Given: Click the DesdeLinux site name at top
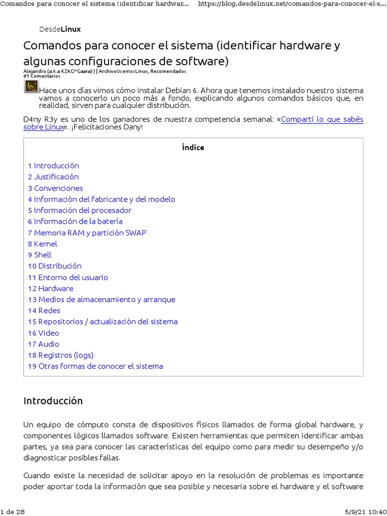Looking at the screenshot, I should coord(59,29).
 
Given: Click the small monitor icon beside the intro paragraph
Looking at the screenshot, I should coord(30,87).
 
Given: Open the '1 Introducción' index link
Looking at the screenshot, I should coord(53,166).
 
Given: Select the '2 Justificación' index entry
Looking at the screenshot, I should coord(53,177).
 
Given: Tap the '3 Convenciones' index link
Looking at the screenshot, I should coord(55,188).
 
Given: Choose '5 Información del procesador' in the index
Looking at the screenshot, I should coord(80,210).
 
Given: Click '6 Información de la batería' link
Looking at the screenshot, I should coord(75,221).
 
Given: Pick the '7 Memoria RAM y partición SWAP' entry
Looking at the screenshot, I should coord(87,233).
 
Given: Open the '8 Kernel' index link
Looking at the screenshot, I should coord(43,244).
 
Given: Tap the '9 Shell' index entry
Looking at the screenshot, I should coord(40,255).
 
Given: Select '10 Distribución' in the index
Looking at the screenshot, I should coord(55,266).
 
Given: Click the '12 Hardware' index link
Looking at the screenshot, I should coord(51,288).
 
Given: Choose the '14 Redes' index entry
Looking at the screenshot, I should coord(44,310).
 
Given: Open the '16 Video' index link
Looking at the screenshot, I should coord(44,333).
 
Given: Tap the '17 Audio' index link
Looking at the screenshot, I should coord(44,344).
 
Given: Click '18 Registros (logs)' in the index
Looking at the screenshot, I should coord(61,355).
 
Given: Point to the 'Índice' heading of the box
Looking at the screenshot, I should coord(193,148).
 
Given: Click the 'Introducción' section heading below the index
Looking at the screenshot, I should coord(53,401).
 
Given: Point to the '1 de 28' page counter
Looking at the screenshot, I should coord(13,511).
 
